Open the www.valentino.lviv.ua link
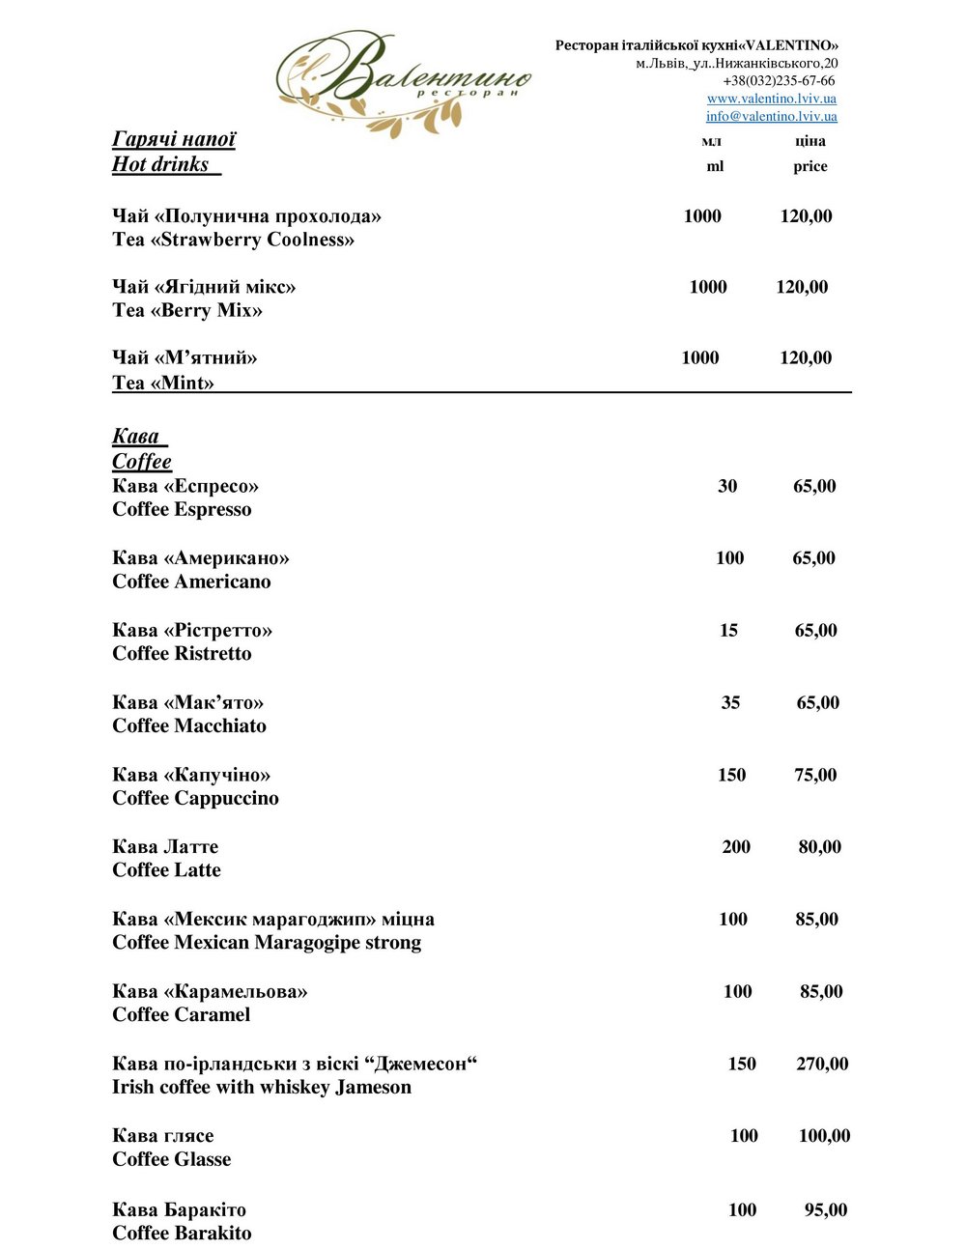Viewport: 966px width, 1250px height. pyautogui.click(x=771, y=99)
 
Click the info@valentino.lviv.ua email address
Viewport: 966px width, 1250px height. pyautogui.click(x=771, y=116)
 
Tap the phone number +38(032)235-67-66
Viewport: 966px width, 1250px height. pyautogui.click(x=779, y=81)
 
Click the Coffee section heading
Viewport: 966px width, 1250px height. pyautogui.click(x=141, y=462)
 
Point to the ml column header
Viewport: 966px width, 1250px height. pyautogui.click(x=715, y=166)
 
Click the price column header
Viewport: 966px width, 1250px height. pyautogui.click(x=810, y=166)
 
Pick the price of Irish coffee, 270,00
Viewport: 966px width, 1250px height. pyautogui.click(x=822, y=1064)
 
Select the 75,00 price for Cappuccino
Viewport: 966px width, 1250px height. pyautogui.click(x=815, y=775)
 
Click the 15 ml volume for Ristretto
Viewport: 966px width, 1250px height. pyautogui.click(x=728, y=631)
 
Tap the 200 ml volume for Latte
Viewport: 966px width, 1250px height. pyautogui.click(x=736, y=847)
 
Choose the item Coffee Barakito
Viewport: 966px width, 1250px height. pyautogui.click(x=182, y=1233)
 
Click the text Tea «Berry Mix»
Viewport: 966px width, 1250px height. pyautogui.click(x=187, y=310)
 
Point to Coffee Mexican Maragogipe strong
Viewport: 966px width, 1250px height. pyautogui.click(x=267, y=942)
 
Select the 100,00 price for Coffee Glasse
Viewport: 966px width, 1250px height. pyautogui.click(x=824, y=1136)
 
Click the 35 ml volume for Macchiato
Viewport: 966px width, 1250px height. pyautogui.click(x=730, y=703)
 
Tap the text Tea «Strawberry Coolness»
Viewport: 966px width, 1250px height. pyautogui.click(x=233, y=240)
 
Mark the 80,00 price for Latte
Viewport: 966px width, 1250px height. pyautogui.click(x=819, y=847)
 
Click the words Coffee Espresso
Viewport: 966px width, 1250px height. pyautogui.click(x=182, y=509)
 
